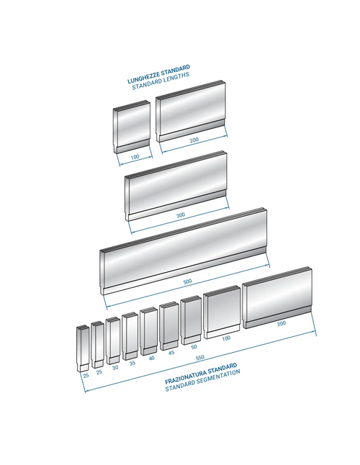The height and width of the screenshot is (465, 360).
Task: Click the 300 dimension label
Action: point(181,215)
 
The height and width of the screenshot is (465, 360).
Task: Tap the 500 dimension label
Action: point(187,281)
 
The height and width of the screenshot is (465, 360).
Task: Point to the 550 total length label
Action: point(200,358)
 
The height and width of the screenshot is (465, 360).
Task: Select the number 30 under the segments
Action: point(115,367)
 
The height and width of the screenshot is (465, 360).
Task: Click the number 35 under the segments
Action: point(132,363)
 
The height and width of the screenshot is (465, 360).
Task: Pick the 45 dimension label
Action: point(171,353)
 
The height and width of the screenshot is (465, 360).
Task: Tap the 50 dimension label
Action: point(194,347)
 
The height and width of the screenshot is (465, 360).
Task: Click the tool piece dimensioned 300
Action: point(176,186)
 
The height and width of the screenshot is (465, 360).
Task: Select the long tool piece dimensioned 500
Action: point(184,251)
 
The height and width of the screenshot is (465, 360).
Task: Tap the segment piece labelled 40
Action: point(148,331)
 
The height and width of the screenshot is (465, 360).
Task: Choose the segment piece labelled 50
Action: point(192,320)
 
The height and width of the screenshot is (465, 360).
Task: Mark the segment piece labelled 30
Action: point(113,340)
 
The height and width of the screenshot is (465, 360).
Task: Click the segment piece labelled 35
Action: point(130,336)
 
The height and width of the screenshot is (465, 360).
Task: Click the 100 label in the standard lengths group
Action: point(135,157)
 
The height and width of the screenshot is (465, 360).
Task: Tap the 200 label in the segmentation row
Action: point(282,323)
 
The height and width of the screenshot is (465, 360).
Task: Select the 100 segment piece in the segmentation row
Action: point(222,312)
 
